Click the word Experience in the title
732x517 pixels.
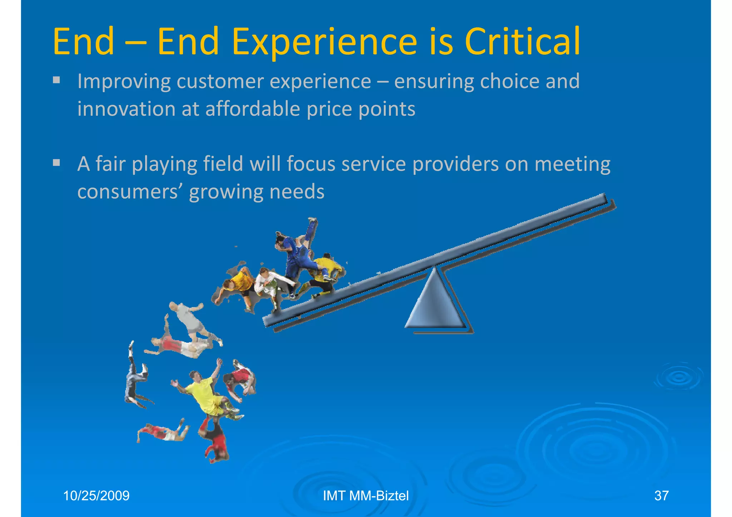tap(324, 43)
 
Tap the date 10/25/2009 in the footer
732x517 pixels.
tap(96, 496)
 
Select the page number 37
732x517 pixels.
tap(661, 496)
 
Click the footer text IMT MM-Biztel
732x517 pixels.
tap(366, 496)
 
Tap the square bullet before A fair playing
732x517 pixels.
tap(56, 163)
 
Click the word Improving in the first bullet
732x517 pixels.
tap(124, 81)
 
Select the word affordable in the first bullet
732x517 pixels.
tap(253, 109)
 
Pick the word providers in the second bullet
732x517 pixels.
tap(455, 164)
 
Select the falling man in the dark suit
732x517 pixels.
tap(134, 379)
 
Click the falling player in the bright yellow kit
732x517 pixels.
tap(204, 393)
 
